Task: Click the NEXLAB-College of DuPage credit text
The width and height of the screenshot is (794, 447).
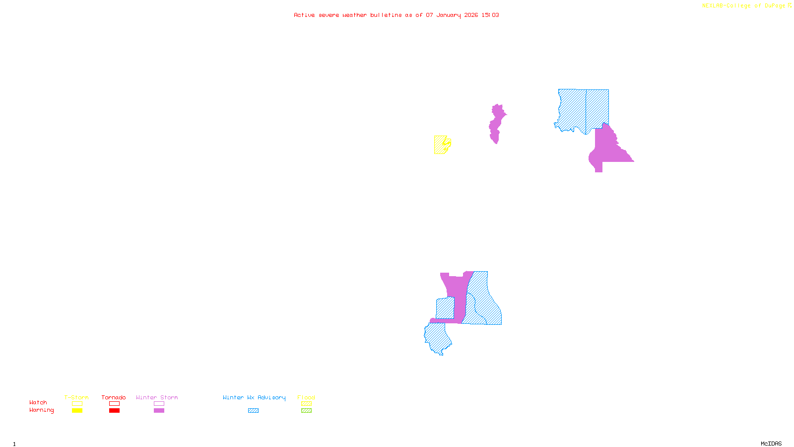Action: point(746,5)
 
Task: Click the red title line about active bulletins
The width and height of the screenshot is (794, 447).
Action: point(396,15)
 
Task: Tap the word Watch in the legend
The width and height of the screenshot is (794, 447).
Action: point(38,402)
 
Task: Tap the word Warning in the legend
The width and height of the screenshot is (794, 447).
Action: point(41,410)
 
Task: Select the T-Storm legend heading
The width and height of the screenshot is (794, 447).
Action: point(76,397)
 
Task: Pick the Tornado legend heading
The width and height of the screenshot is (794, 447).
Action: point(114,397)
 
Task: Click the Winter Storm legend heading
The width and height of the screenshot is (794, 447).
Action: point(157,397)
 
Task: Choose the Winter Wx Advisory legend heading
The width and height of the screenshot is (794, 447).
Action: point(254,397)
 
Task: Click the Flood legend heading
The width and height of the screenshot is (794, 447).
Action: point(306,397)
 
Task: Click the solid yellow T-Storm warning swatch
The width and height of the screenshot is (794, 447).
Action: point(77,411)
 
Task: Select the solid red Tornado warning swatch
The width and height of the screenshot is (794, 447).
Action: point(114,411)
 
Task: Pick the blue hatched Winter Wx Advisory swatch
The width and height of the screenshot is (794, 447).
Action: point(253,411)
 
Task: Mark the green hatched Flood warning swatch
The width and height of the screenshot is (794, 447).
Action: point(306,411)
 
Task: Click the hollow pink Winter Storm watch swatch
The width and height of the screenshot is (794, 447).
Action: point(159,404)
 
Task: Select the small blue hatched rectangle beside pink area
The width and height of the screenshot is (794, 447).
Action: point(445,308)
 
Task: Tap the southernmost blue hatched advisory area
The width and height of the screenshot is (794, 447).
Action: point(437,338)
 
